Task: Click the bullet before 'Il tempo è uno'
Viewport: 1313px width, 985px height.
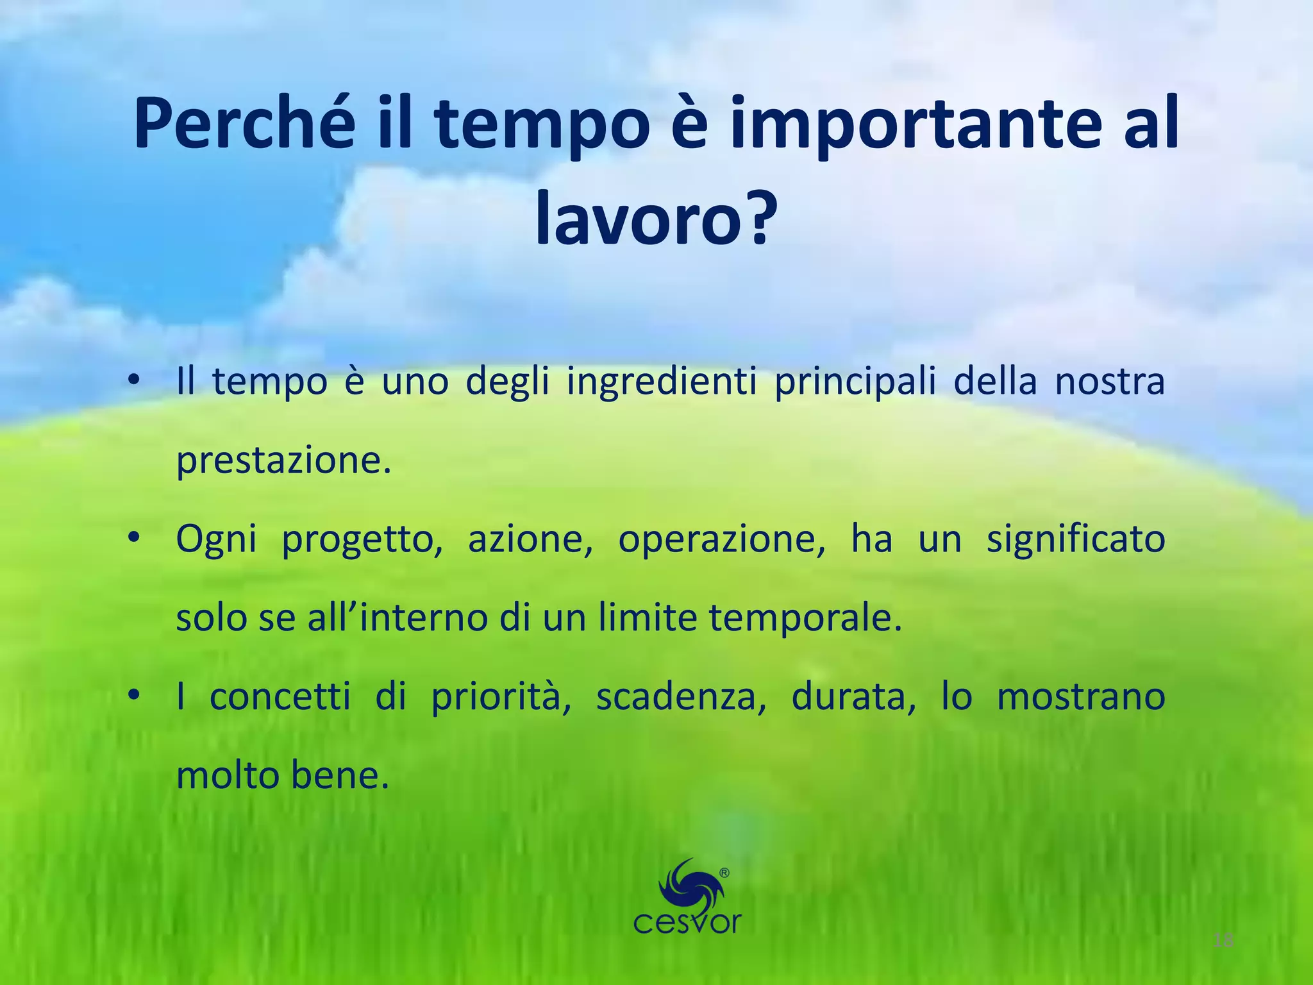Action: point(133,381)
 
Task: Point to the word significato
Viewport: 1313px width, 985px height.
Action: point(1075,539)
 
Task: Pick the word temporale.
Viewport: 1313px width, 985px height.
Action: point(805,618)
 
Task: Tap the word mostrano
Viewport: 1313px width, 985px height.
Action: point(1080,698)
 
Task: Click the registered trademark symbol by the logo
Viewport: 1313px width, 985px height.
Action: point(724,873)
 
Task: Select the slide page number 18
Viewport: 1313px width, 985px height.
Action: point(1223,941)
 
